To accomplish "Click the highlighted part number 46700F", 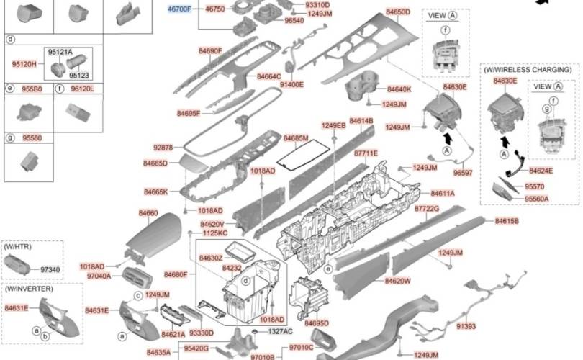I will pyautogui.click(x=179, y=9).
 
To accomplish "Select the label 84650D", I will pyautogui.click(x=397, y=12).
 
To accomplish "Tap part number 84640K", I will pyautogui.click(x=399, y=89).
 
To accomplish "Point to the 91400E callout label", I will pyautogui.click(x=291, y=84).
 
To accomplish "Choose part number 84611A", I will pyautogui.click(x=443, y=194).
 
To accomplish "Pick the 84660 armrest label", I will pyautogui.click(x=148, y=213).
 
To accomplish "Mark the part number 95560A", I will pyautogui.click(x=536, y=199).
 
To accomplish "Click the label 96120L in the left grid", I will pyautogui.click(x=82, y=89).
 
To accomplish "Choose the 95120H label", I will pyautogui.click(x=24, y=64).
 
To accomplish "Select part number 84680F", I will pyautogui.click(x=176, y=274).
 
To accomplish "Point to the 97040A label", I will pyautogui.click(x=99, y=276).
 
